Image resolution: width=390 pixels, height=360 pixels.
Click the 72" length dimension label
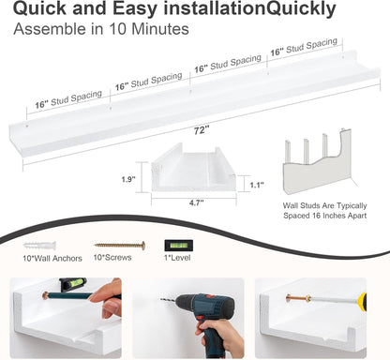(201, 130)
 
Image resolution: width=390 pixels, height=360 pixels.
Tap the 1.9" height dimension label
(128, 179)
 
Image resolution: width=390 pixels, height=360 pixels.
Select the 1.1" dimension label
(257, 185)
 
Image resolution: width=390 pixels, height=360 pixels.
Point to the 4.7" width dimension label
(196, 202)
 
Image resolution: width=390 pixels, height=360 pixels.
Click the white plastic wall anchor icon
(40, 246)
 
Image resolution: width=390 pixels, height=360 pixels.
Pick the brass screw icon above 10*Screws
(120, 246)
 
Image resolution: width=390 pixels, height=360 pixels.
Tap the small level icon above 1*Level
(178, 246)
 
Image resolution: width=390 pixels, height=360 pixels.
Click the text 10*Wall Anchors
(52, 258)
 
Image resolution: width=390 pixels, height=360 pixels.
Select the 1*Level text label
(177, 258)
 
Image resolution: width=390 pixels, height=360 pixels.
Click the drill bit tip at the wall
(161, 299)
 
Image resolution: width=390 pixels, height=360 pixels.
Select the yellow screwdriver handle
(362, 302)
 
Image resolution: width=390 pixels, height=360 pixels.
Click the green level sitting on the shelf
(73, 283)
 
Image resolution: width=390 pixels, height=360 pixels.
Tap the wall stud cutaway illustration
(317, 161)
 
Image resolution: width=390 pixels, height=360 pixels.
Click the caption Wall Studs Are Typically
(324, 205)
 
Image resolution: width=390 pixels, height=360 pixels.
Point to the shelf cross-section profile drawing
(194, 168)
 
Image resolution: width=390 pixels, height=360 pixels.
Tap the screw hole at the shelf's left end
(26, 127)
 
